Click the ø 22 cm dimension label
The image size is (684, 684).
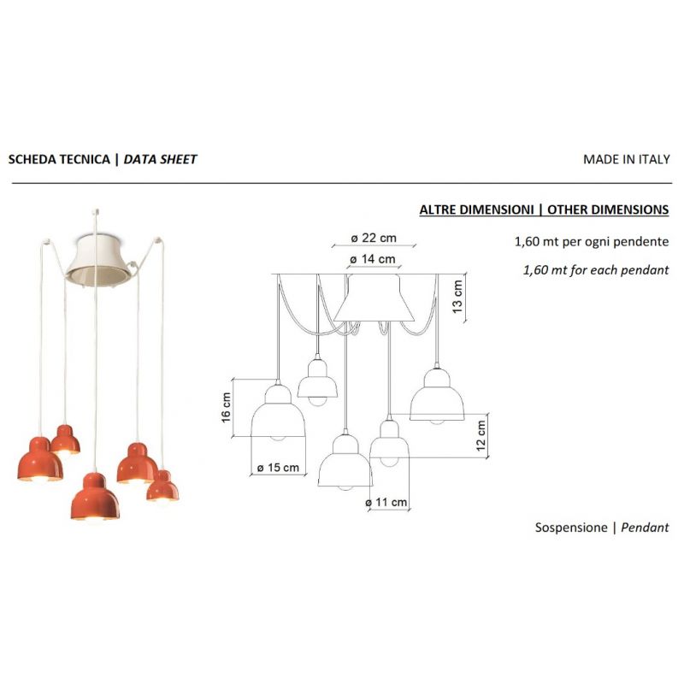click(374, 239)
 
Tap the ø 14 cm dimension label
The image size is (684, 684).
click(373, 259)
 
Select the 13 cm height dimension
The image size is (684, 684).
click(457, 296)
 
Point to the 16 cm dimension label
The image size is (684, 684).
click(226, 408)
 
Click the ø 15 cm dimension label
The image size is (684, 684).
click(278, 468)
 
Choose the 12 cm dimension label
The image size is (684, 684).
click(481, 435)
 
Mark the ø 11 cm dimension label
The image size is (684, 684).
click(386, 503)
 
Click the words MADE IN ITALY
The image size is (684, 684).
click(627, 159)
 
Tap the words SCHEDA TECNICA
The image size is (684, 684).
click(59, 159)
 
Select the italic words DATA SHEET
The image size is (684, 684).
click(160, 159)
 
